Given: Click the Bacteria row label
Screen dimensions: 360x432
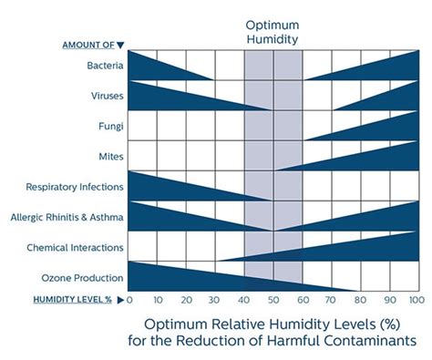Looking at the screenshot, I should point(100,66).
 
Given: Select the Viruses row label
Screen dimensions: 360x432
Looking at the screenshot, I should point(102,96).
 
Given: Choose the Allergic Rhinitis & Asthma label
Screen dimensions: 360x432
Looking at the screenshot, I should point(66,217).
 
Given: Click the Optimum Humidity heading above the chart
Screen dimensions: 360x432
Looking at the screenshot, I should point(273,32).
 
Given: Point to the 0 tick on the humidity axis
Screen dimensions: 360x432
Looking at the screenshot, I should point(129,300).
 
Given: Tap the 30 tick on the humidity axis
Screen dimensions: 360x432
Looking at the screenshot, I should point(215,300).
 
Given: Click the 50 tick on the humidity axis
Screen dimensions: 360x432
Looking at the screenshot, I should point(273,300).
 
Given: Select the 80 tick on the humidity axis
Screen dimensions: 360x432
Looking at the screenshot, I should point(360,300).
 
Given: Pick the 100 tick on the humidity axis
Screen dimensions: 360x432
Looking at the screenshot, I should point(417,300).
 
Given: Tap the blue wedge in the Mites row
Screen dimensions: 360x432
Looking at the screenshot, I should point(374,159).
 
